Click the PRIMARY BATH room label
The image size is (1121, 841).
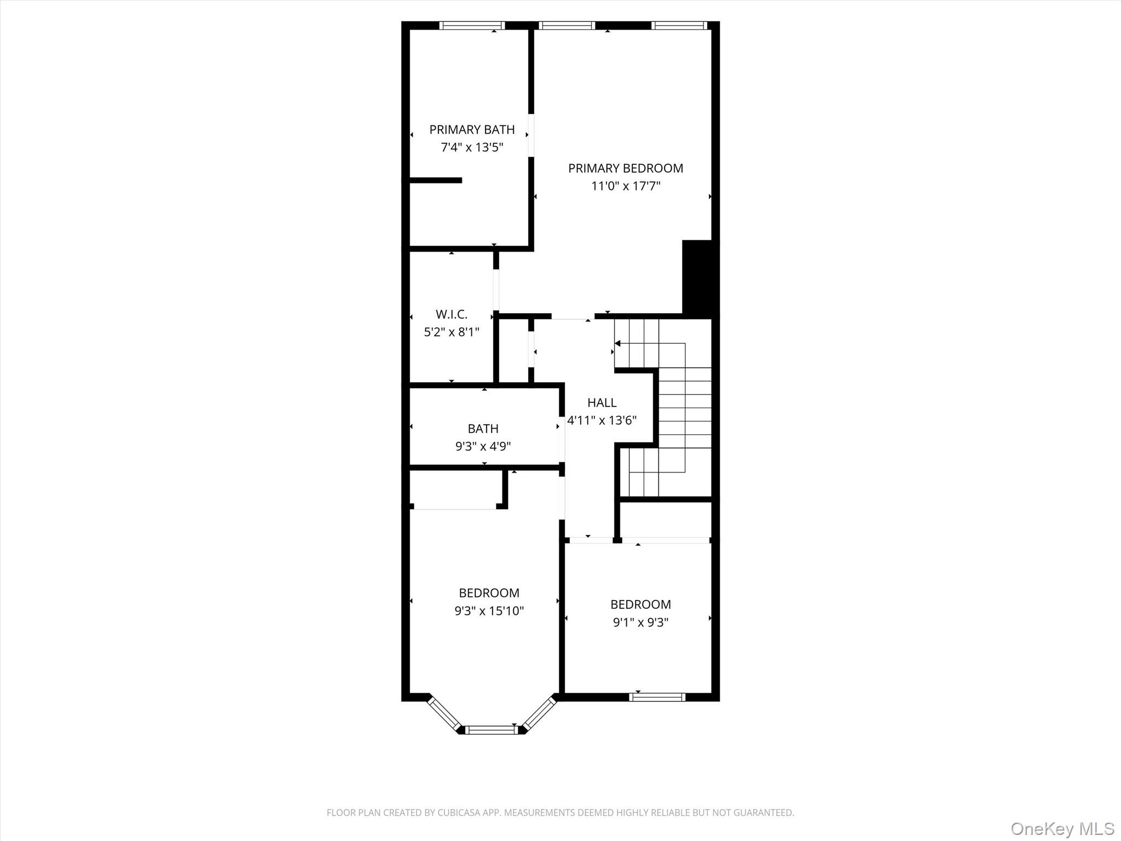(472, 130)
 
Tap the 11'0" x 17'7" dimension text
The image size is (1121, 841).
(626, 186)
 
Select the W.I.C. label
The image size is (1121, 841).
(452, 314)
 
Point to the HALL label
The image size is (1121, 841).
(602, 402)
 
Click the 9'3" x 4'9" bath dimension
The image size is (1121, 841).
(483, 446)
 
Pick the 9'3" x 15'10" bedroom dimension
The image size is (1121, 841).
(489, 610)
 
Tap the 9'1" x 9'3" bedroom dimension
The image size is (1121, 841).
(640, 622)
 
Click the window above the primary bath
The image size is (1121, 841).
(472, 25)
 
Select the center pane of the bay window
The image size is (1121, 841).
(491, 729)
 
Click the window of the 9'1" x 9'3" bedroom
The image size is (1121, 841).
(657, 697)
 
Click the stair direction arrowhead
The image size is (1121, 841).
(617, 343)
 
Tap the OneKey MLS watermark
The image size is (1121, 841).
(1062, 828)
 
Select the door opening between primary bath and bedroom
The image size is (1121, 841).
(531, 135)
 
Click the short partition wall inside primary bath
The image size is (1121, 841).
(436, 180)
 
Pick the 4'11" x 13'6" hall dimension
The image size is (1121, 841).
(602, 420)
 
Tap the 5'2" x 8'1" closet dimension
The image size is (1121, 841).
(452, 332)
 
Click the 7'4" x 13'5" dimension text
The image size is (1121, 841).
(472, 147)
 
